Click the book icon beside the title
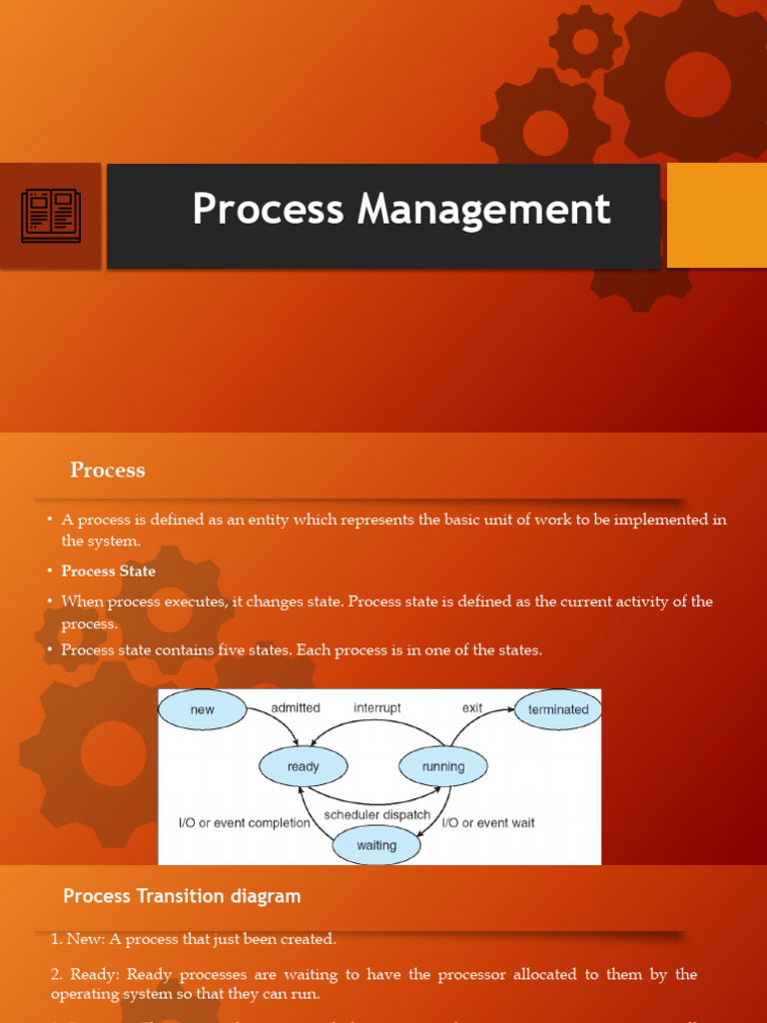tap(50, 216)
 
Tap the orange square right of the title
tap(716, 216)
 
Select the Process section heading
tap(107, 470)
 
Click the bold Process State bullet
tap(108, 571)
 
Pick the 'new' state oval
tap(203, 710)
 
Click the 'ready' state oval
tap(303, 767)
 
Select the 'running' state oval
tap(443, 767)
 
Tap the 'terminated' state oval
tap(558, 710)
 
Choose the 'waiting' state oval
tap(377, 845)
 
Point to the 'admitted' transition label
tap(296, 708)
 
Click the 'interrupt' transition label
tap(378, 708)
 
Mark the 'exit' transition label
tap(472, 708)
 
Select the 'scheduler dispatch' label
tap(378, 815)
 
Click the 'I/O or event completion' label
tap(244, 823)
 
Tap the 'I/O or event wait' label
tap(488, 823)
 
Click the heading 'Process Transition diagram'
tap(182, 896)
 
